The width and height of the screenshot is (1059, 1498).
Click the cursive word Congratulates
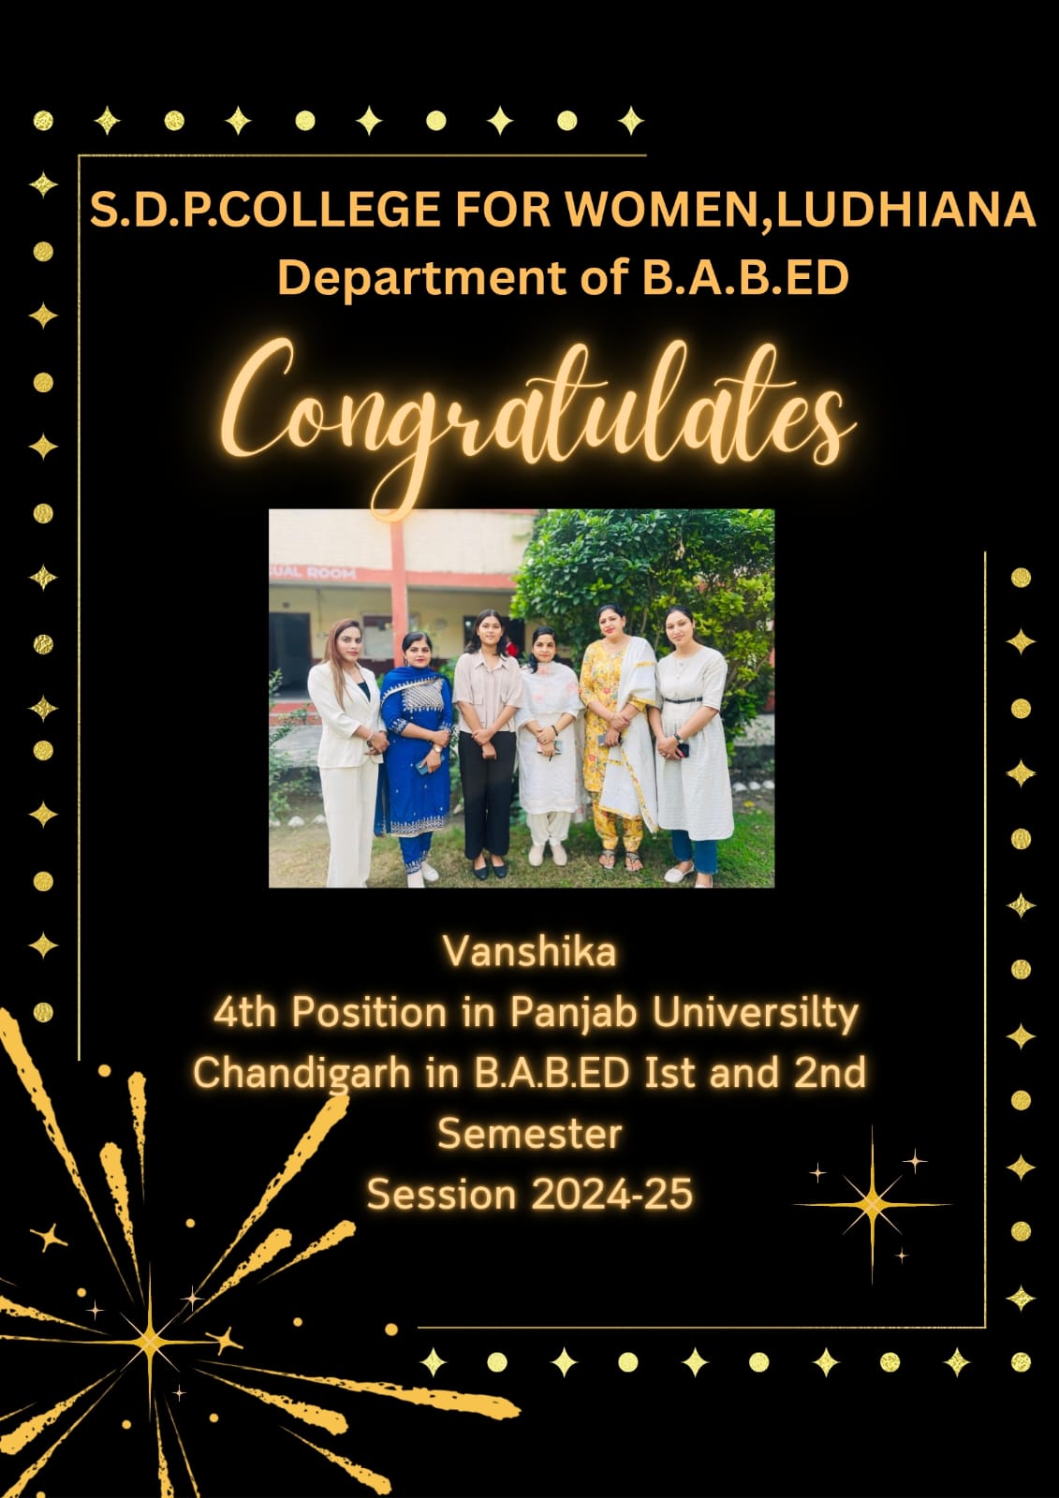pos(538,415)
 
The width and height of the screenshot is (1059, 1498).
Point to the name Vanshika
pos(530,951)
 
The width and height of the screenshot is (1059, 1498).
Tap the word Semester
pos(530,1134)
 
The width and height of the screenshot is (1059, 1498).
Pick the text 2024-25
pos(611,1194)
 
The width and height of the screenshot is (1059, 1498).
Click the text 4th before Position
pos(244,1013)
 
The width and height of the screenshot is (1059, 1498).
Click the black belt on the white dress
pos(683,700)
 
